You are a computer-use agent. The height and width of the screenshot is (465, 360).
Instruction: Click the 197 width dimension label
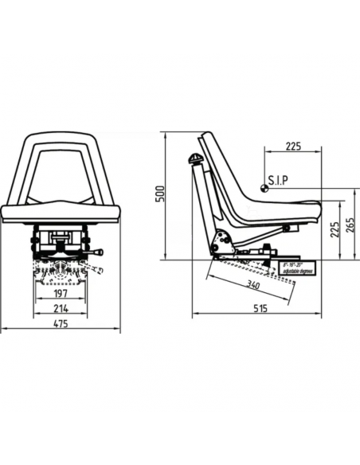point(61,293)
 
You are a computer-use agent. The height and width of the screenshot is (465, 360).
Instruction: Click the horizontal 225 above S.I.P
point(293,147)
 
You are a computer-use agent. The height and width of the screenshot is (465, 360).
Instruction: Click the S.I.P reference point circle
point(263,189)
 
